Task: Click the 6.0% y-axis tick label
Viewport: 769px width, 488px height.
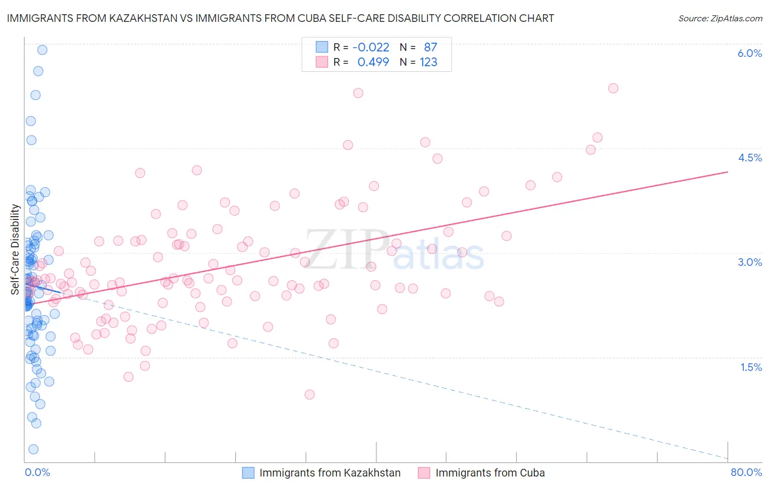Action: point(749,53)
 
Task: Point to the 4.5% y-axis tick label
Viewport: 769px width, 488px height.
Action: point(749,158)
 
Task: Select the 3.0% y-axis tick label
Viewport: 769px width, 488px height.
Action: point(749,262)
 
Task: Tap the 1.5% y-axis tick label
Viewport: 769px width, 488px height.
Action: point(751,367)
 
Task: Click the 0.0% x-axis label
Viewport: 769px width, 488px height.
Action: point(37,472)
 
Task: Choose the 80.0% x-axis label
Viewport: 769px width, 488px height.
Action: point(746,472)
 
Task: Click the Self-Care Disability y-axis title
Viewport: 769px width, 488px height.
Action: point(15,249)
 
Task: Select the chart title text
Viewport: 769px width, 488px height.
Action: point(280,19)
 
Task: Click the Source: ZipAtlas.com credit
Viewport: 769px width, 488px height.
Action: point(720,19)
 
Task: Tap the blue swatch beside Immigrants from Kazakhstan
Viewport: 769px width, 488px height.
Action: point(248,473)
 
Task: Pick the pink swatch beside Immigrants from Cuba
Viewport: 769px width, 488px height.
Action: point(424,473)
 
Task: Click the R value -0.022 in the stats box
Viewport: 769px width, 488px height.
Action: point(371,47)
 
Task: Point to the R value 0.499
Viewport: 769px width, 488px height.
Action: point(373,62)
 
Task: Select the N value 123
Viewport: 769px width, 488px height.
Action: point(428,62)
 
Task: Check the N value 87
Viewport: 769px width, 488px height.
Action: point(430,47)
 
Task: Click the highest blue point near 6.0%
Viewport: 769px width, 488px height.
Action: point(42,50)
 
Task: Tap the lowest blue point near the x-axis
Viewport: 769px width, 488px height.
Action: point(33,449)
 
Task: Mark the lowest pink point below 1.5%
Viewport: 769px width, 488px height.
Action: point(310,394)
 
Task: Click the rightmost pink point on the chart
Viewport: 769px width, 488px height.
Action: point(613,88)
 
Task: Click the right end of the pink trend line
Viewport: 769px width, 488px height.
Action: point(727,172)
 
